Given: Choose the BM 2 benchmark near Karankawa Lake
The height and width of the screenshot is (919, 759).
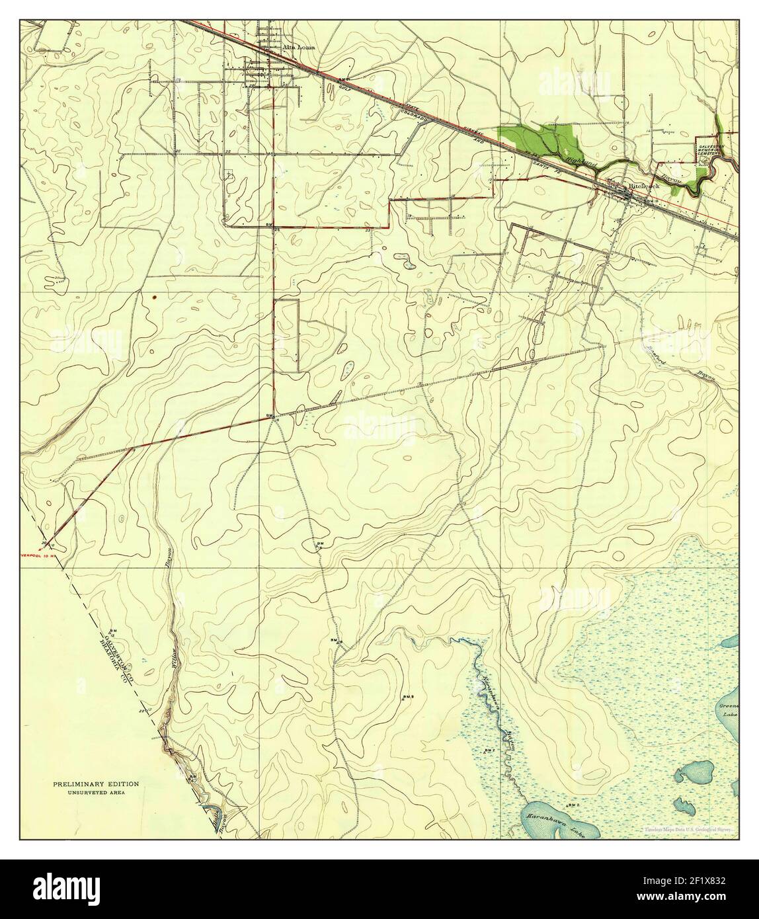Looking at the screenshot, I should tap(573, 805).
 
